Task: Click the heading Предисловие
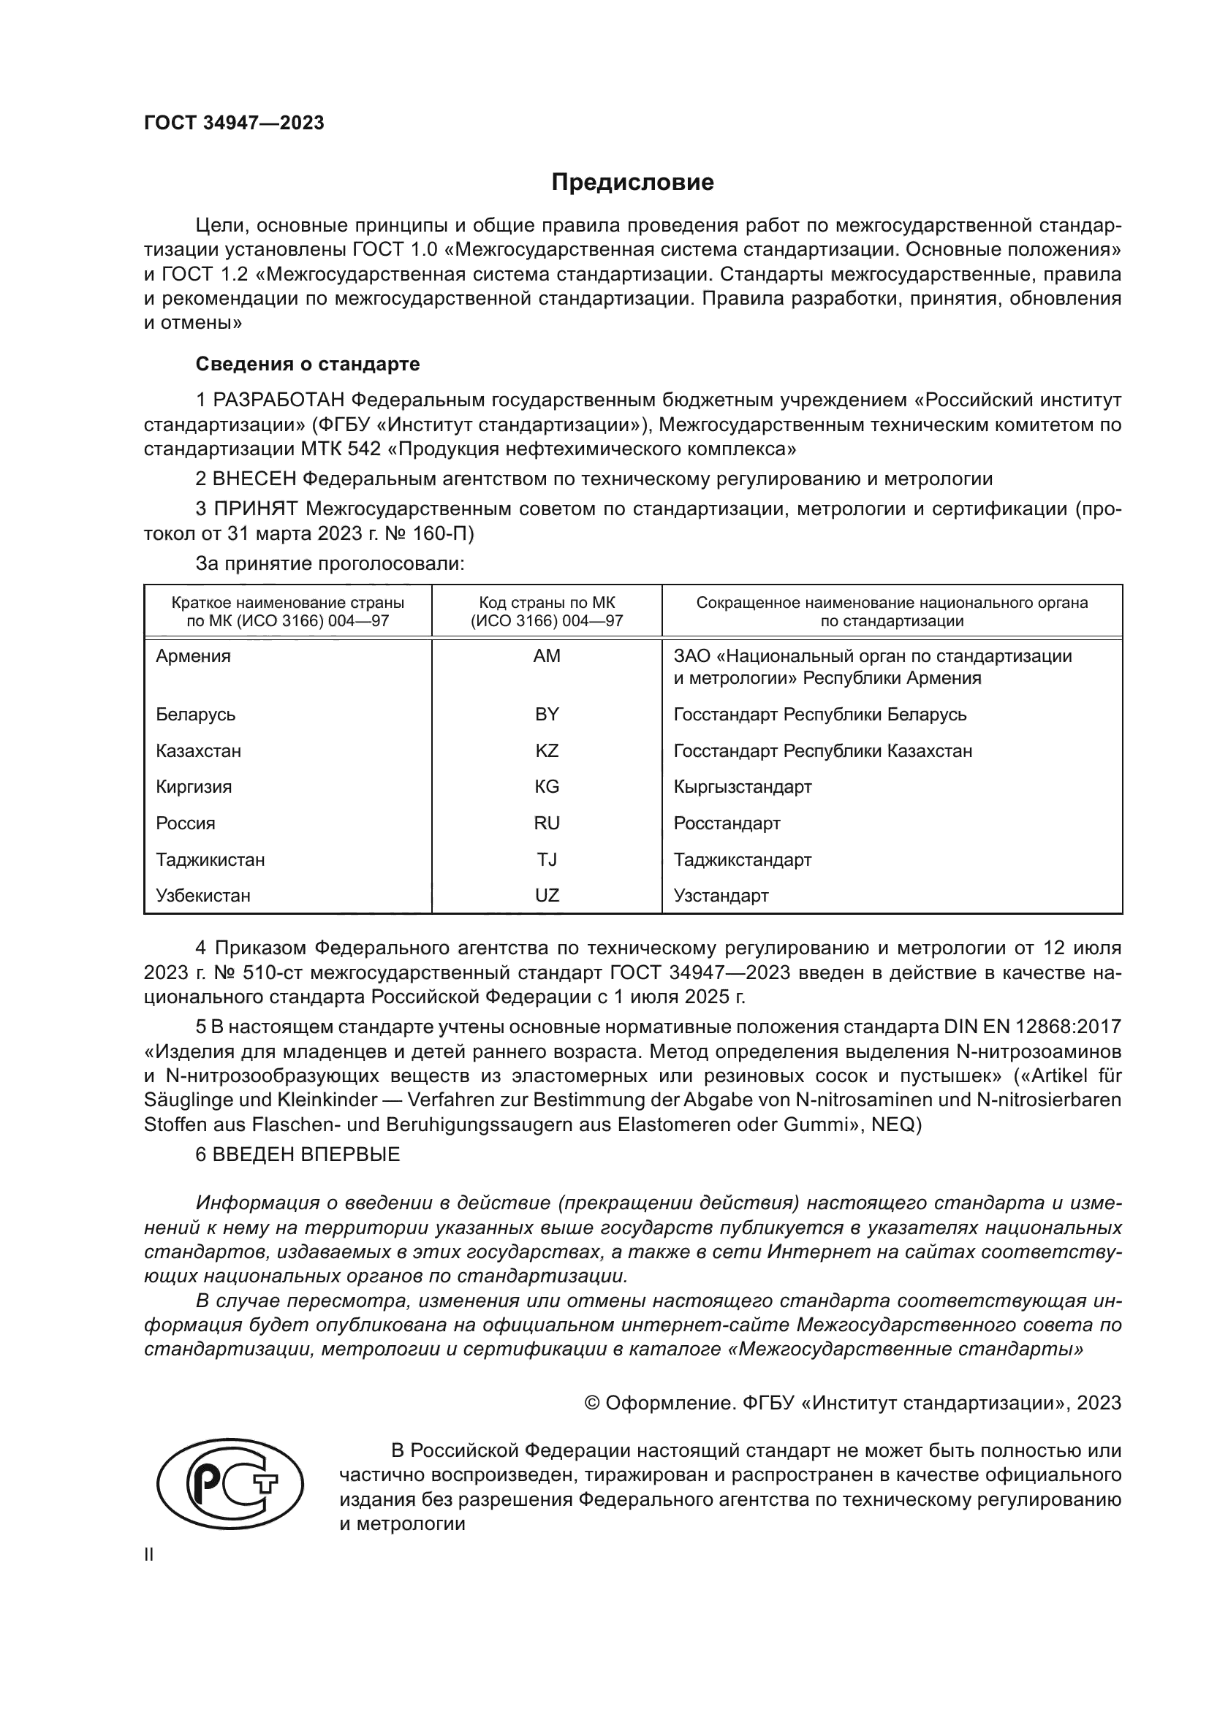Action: tap(632, 183)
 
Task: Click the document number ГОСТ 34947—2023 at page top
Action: tap(234, 123)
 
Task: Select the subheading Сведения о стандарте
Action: tap(308, 364)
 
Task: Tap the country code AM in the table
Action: tap(547, 655)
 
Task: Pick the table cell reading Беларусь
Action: tap(196, 715)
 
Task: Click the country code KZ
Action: tap(547, 750)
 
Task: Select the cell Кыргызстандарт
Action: tap(742, 787)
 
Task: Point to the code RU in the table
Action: tap(547, 823)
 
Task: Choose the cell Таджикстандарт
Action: tap(742, 860)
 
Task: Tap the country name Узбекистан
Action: tap(202, 896)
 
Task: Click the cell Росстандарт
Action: tap(727, 823)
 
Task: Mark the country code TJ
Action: tap(547, 860)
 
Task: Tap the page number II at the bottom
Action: tap(149, 1555)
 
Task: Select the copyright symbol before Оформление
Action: tap(593, 1403)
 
